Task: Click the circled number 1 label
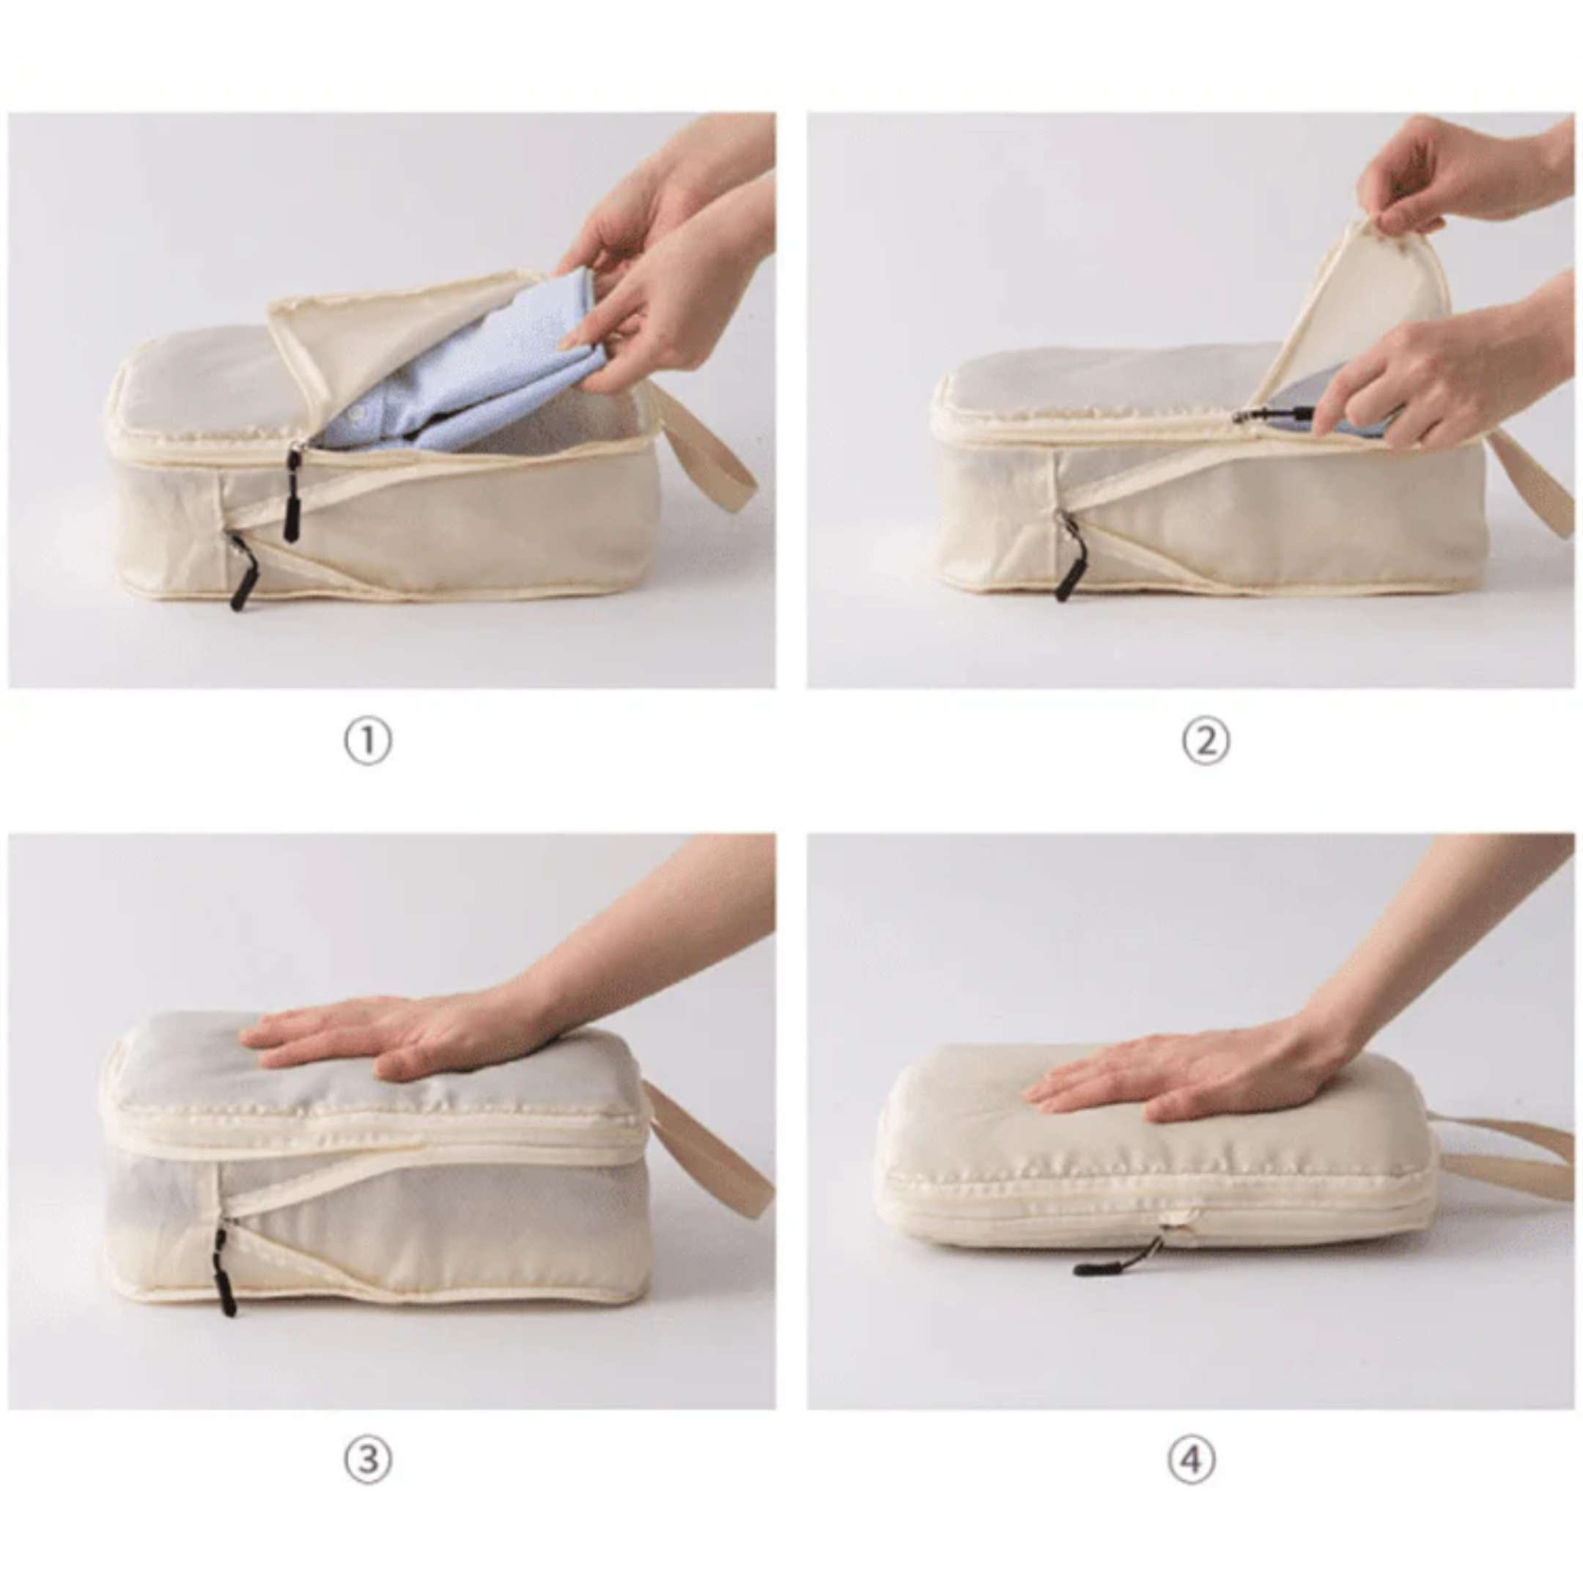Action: click(367, 742)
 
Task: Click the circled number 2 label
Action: click(1206, 742)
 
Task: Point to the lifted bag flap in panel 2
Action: click(1360, 303)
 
